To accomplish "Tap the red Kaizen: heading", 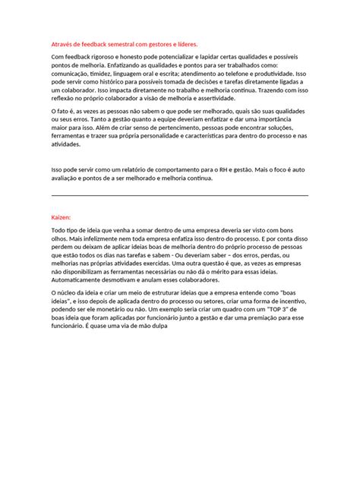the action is click(62, 216).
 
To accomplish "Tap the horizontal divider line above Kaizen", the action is click(179, 195).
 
